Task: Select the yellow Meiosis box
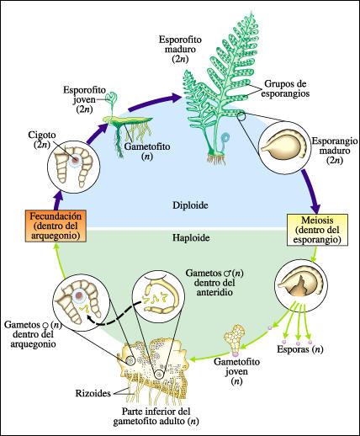(315, 229)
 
